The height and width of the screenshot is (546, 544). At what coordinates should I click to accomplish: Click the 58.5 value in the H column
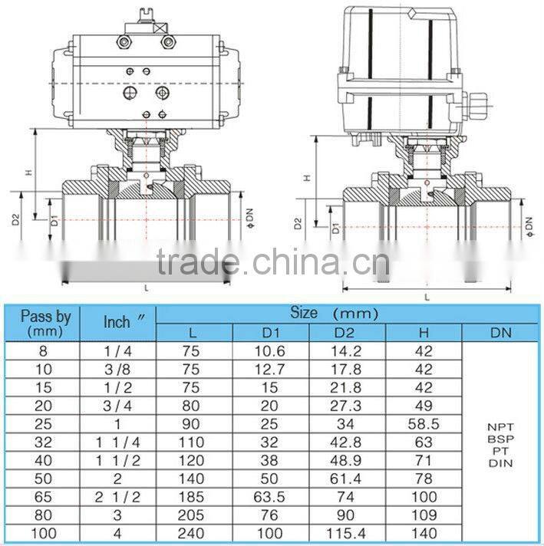pos(424,423)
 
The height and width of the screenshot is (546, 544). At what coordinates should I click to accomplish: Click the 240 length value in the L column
pos(194,533)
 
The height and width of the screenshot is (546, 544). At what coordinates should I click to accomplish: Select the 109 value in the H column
pos(424,515)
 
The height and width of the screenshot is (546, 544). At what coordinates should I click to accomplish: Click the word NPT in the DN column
pos(500,426)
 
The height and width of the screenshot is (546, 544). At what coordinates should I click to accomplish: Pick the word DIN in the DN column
pos(500,462)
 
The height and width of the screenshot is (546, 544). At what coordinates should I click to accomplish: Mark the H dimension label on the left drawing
pos(28,173)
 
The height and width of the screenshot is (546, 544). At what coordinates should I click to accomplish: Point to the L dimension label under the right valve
pos(427,296)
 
